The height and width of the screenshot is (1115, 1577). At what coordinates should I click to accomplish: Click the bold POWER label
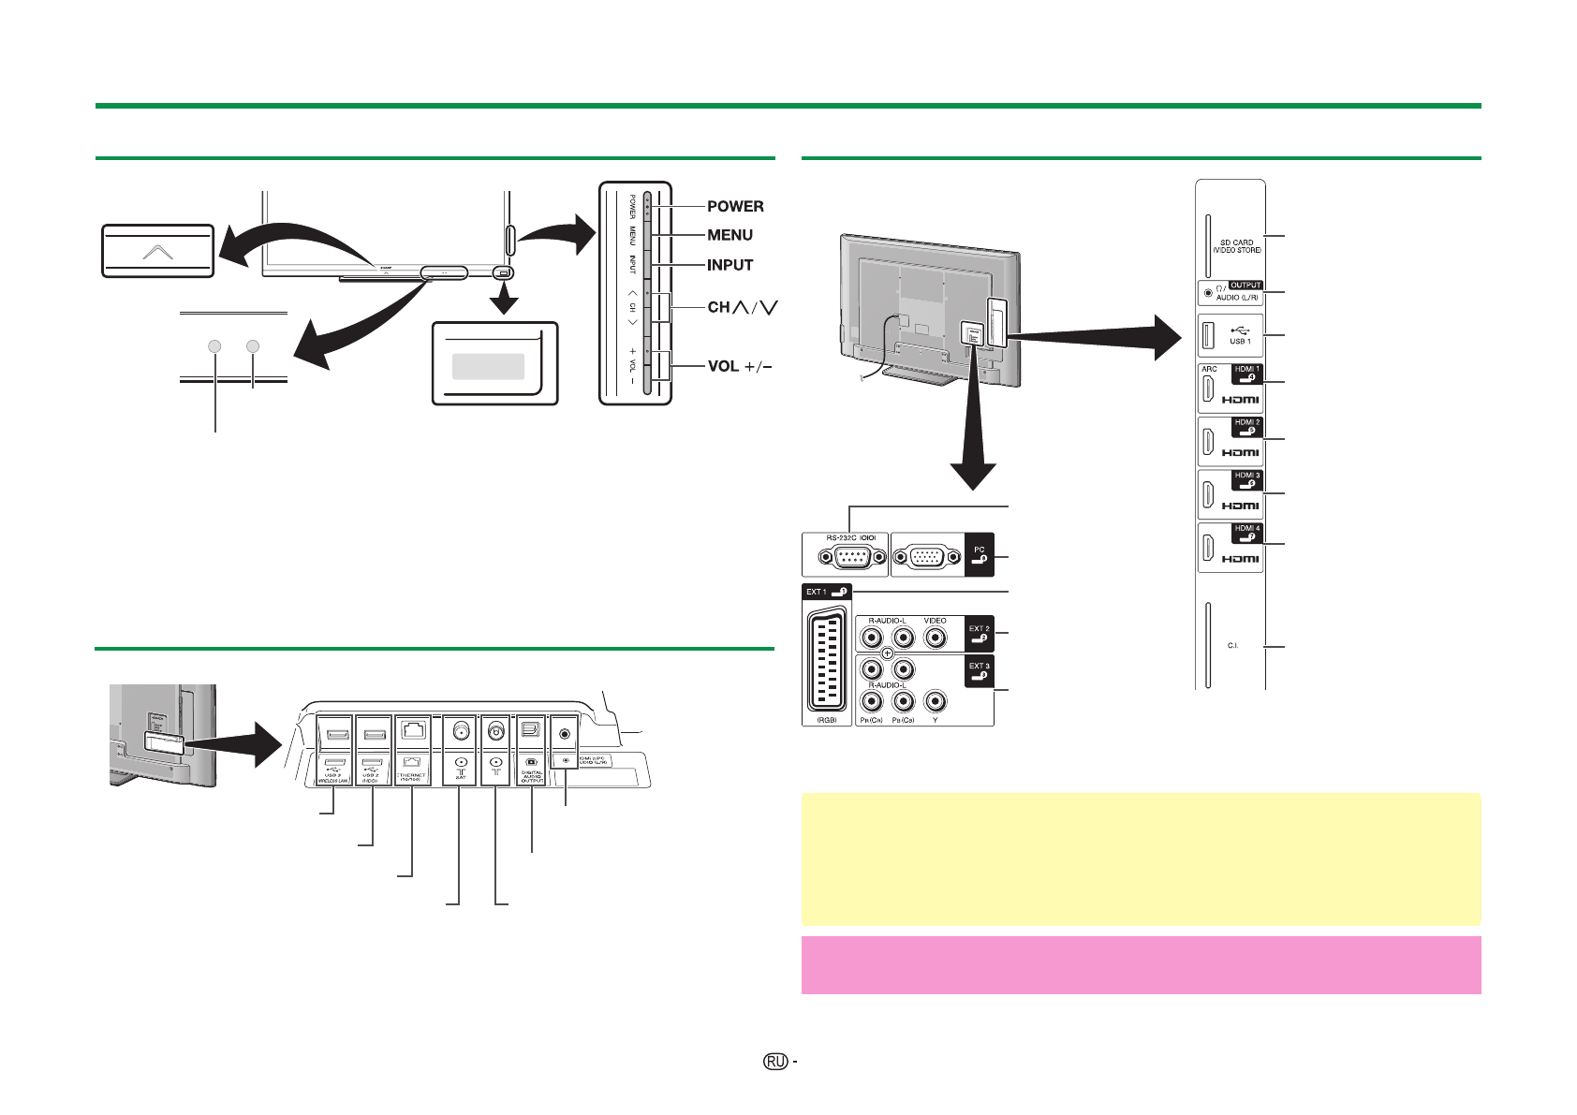(735, 206)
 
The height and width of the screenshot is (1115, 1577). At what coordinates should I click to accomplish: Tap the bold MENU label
(730, 235)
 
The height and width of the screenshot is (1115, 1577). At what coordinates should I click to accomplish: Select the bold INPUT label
(730, 265)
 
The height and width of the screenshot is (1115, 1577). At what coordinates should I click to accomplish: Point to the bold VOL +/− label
(740, 366)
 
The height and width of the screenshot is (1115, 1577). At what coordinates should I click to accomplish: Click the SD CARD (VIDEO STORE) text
(1237, 246)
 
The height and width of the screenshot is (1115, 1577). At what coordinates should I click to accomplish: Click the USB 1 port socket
(1208, 334)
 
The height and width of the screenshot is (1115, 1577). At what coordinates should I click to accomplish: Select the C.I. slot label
(1232, 646)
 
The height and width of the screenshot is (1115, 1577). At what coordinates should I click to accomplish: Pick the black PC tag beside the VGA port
(979, 555)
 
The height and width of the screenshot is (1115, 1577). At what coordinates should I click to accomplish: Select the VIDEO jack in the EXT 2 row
(935, 638)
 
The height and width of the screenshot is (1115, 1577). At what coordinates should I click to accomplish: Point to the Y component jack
(935, 701)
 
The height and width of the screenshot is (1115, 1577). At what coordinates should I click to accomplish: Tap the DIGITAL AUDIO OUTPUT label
(531, 776)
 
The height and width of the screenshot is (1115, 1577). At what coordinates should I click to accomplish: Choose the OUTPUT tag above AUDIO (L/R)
(1245, 285)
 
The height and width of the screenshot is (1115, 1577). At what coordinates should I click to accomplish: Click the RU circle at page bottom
(774, 1061)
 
